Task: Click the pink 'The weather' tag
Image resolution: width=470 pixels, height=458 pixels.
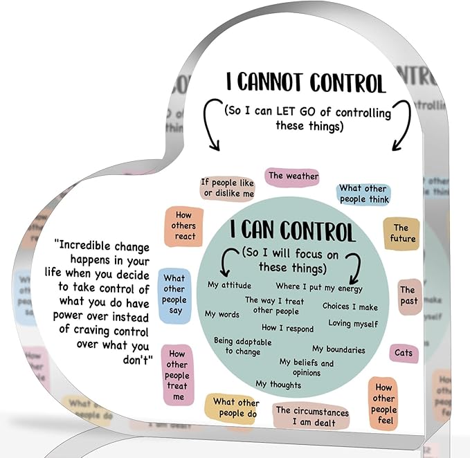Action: point(292,176)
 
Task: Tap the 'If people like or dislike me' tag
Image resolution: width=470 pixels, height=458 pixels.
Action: point(228,188)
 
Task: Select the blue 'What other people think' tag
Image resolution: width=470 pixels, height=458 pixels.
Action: point(363,194)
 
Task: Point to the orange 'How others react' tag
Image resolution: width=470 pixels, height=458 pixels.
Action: point(183,226)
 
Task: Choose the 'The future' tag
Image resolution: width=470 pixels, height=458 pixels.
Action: point(401,234)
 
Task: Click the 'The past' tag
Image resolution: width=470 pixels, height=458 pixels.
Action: point(410,296)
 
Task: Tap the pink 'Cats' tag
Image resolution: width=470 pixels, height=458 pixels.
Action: point(404,353)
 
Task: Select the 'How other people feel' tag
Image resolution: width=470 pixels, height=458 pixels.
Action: point(383,404)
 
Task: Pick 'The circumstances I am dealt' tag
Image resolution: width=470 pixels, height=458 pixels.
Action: point(311,416)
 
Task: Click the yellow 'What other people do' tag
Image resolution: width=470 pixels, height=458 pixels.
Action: point(231,409)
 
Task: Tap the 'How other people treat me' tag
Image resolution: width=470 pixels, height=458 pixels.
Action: point(178,375)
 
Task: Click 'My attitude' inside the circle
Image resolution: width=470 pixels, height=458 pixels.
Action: point(229,285)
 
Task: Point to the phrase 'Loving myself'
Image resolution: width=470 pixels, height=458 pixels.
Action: point(353,324)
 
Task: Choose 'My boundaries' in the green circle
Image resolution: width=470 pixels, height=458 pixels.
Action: point(338,349)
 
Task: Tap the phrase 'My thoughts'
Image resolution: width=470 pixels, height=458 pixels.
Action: point(278,385)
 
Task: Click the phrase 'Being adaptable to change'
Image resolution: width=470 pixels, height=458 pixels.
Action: point(242,346)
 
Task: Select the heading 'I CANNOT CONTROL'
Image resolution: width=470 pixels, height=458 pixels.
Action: point(306,82)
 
